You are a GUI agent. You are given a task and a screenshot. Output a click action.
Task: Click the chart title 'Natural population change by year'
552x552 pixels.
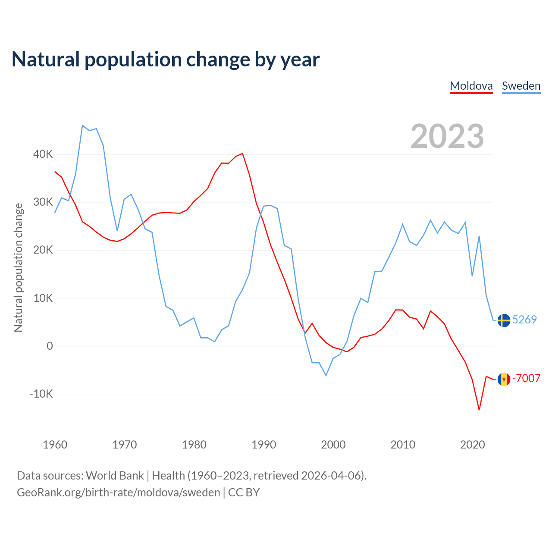(166, 60)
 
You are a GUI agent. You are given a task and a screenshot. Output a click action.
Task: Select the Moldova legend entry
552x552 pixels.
(471, 86)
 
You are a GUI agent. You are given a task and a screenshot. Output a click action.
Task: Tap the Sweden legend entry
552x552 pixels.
(521, 86)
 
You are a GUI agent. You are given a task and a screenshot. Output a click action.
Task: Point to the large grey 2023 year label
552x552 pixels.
(447, 136)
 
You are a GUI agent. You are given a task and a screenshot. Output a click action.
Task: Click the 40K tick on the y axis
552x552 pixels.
(43, 154)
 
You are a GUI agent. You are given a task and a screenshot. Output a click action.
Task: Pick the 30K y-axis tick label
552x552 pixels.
(43, 202)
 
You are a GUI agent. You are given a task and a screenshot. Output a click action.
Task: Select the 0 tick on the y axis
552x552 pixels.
(50, 346)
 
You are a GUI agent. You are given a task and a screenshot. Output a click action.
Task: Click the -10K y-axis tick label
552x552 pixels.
(41, 394)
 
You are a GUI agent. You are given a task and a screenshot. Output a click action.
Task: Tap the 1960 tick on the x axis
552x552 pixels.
(55, 445)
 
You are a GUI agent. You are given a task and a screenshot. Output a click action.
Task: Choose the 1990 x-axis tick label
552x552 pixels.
(264, 445)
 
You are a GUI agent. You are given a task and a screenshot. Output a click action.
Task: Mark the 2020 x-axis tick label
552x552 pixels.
(473, 445)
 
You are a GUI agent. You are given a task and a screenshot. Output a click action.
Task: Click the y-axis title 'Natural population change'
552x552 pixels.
(19, 268)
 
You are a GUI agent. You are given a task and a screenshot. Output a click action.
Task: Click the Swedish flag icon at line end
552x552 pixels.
(504, 320)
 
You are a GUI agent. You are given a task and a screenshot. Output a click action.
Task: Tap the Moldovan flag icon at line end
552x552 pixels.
(504, 379)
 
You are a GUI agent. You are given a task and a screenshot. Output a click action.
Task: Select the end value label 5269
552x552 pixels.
(524, 320)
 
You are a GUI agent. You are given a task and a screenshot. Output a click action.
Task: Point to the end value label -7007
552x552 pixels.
(526, 378)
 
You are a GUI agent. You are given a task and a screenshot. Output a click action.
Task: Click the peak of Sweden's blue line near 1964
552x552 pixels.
(82, 125)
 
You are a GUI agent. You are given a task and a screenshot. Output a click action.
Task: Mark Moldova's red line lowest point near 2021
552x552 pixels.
(479, 410)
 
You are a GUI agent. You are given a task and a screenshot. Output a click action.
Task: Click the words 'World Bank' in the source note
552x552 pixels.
(115, 476)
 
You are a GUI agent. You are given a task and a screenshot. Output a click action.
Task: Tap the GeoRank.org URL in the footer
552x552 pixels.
(118, 492)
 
